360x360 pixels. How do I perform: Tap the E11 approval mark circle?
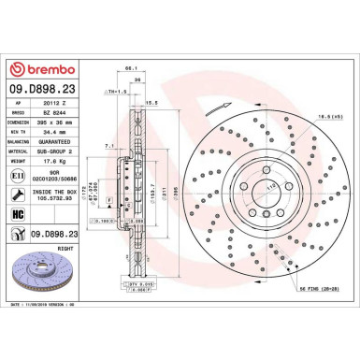(x=20, y=173)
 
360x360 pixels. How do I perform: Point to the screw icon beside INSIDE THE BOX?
(x=20, y=194)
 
